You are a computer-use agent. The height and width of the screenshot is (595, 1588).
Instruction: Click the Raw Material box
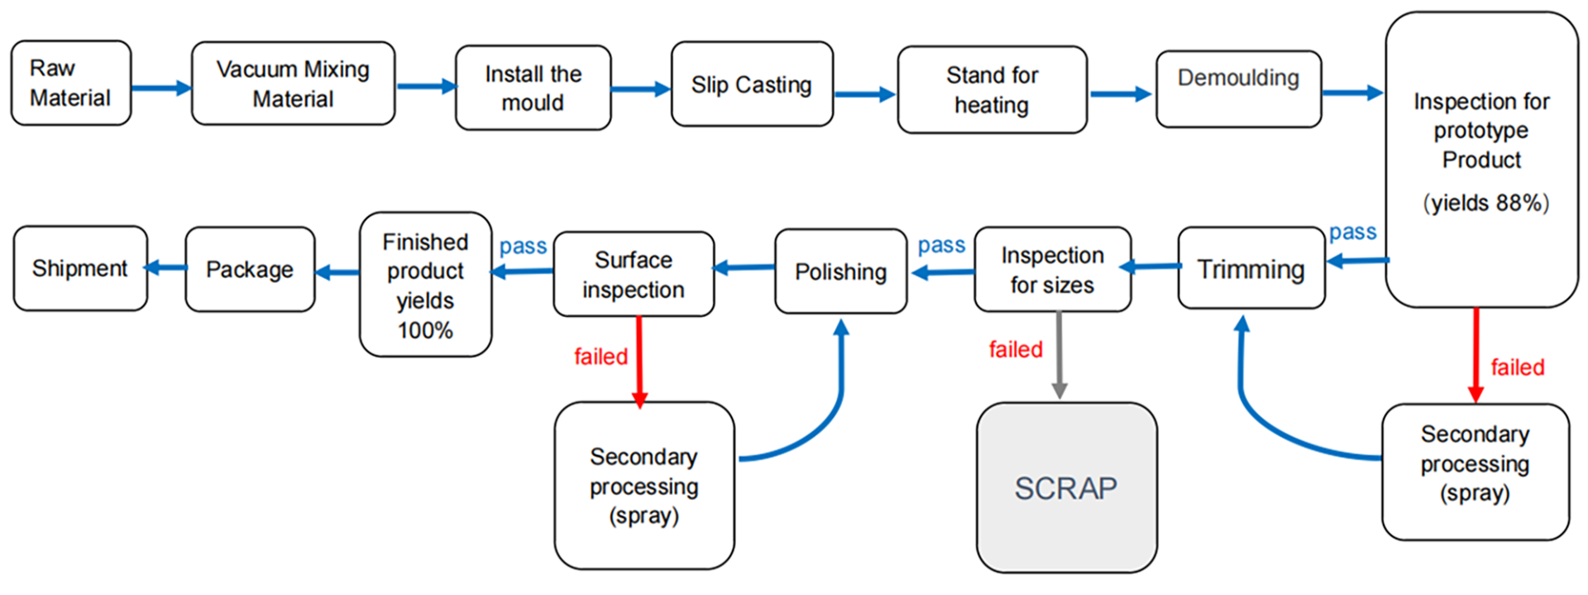pyautogui.click(x=70, y=83)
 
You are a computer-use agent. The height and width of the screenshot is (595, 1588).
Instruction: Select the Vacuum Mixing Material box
pyautogui.click(x=293, y=84)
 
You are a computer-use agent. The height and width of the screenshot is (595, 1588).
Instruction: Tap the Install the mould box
pyautogui.click(x=533, y=88)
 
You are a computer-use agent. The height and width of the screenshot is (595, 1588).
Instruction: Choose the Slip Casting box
pyautogui.click(x=751, y=84)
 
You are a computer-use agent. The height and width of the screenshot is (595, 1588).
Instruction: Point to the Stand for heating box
pyautogui.click(x=992, y=89)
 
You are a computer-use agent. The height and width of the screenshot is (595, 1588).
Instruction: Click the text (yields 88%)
pyautogui.click(x=1485, y=203)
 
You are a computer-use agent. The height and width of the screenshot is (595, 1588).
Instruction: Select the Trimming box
pyautogui.click(x=1251, y=269)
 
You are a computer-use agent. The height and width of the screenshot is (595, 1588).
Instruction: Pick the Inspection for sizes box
pyautogui.click(x=1052, y=270)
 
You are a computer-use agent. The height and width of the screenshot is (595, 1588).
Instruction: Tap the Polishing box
pyautogui.click(x=840, y=271)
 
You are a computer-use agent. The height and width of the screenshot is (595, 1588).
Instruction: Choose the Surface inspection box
pyautogui.click(x=634, y=274)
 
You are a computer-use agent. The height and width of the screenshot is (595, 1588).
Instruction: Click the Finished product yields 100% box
pyautogui.click(x=425, y=285)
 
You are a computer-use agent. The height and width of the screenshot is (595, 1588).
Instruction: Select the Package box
pyautogui.click(x=250, y=270)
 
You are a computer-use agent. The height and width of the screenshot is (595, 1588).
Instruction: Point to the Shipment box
pyautogui.click(x=80, y=268)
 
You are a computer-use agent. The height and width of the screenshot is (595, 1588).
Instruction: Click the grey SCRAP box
pyautogui.click(x=1066, y=487)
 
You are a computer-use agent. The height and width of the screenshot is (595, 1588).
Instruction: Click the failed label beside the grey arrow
pyautogui.click(x=1016, y=349)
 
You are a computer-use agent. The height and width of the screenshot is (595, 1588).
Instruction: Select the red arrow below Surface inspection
pyautogui.click(x=639, y=361)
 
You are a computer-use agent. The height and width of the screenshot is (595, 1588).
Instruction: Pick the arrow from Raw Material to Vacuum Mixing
pyautogui.click(x=160, y=88)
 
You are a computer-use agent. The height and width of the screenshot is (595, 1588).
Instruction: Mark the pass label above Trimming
pyautogui.click(x=1352, y=233)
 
